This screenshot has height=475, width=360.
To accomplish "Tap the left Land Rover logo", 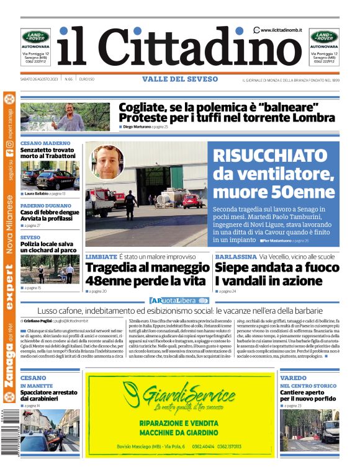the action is pyautogui.click(x=35, y=37).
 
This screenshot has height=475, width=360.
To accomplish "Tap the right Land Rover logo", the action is pyautogui.click(x=325, y=37).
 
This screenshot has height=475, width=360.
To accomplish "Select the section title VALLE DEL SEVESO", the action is pyautogui.click(x=180, y=79).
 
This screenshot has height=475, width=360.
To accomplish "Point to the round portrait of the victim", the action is pyautogui.click(x=109, y=162).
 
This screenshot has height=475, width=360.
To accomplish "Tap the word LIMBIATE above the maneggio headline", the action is pyautogui.click(x=101, y=257).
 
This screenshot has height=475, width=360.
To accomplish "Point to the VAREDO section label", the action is pyautogui.click(x=292, y=378).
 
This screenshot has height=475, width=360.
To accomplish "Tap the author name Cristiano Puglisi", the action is pyautogui.click(x=39, y=321).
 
